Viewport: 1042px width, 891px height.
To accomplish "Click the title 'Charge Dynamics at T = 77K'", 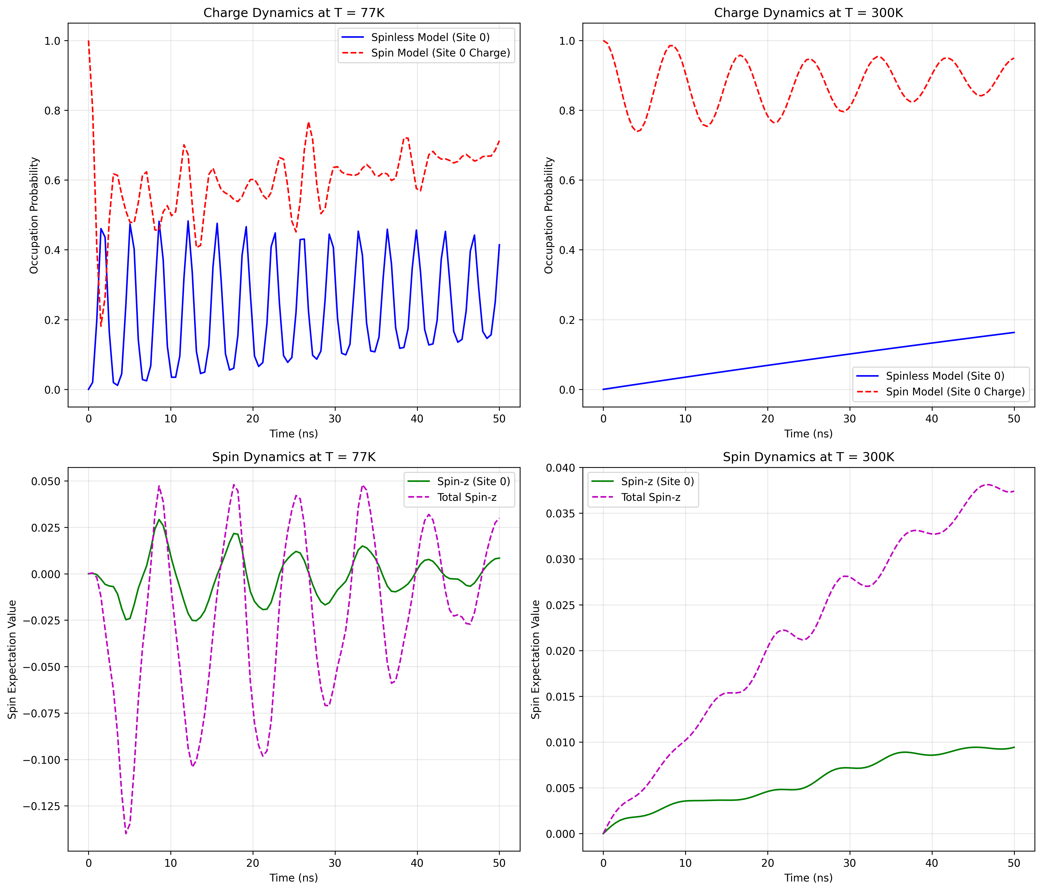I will (294, 12).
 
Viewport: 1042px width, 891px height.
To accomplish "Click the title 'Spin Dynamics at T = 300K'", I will (808, 457).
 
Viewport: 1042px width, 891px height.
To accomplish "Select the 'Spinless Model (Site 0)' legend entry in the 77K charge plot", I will (430, 37).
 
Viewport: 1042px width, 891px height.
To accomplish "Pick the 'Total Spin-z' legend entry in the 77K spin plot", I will (467, 497).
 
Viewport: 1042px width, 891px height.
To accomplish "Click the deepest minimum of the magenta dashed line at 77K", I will (126, 833).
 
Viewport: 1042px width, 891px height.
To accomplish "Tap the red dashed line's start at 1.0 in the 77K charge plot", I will (88, 41).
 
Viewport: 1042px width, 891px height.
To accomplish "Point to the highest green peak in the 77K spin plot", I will (159, 520).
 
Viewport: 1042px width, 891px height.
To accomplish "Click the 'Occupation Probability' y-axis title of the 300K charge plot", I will (549, 215).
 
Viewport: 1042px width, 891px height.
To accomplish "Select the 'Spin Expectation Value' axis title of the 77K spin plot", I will (12, 659).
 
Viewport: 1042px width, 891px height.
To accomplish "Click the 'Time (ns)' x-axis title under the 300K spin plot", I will (808, 878).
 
